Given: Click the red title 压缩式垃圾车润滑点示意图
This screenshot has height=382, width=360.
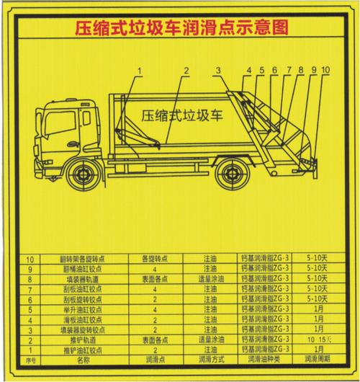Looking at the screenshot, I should click(181, 29).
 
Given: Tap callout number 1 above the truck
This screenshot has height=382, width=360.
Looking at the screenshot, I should click(140, 70).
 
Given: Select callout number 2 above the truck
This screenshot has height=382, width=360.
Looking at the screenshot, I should click(185, 70).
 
